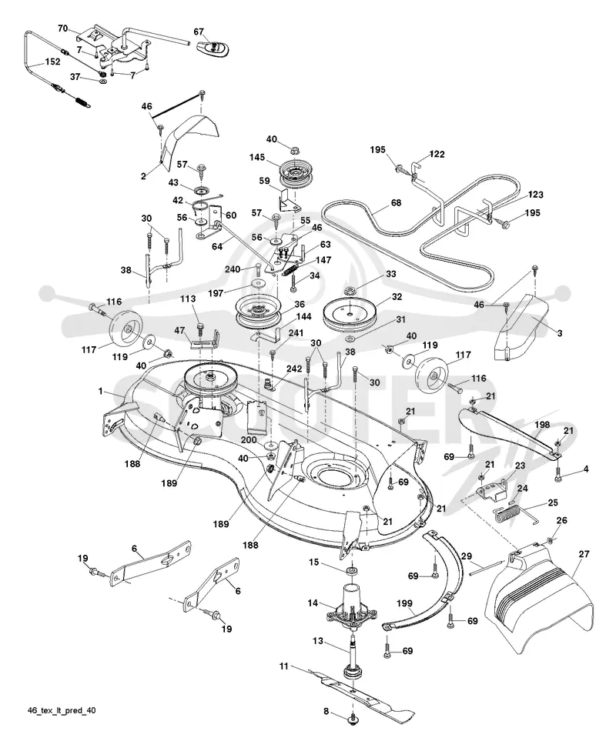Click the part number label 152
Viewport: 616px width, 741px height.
pos(52,62)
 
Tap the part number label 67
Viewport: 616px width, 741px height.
pos(199,32)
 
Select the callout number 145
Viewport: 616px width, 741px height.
pos(257,158)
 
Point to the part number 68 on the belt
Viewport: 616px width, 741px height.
pos(397,202)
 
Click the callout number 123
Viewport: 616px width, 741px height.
pos(536,194)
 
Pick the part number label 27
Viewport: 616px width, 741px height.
pos(584,553)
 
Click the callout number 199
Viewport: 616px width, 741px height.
pos(404,603)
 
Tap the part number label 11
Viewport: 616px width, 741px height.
pos(283,666)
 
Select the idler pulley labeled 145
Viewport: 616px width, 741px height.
pos(295,175)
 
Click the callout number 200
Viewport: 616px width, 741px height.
pos(249,440)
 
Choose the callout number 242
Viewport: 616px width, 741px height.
pos(294,369)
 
